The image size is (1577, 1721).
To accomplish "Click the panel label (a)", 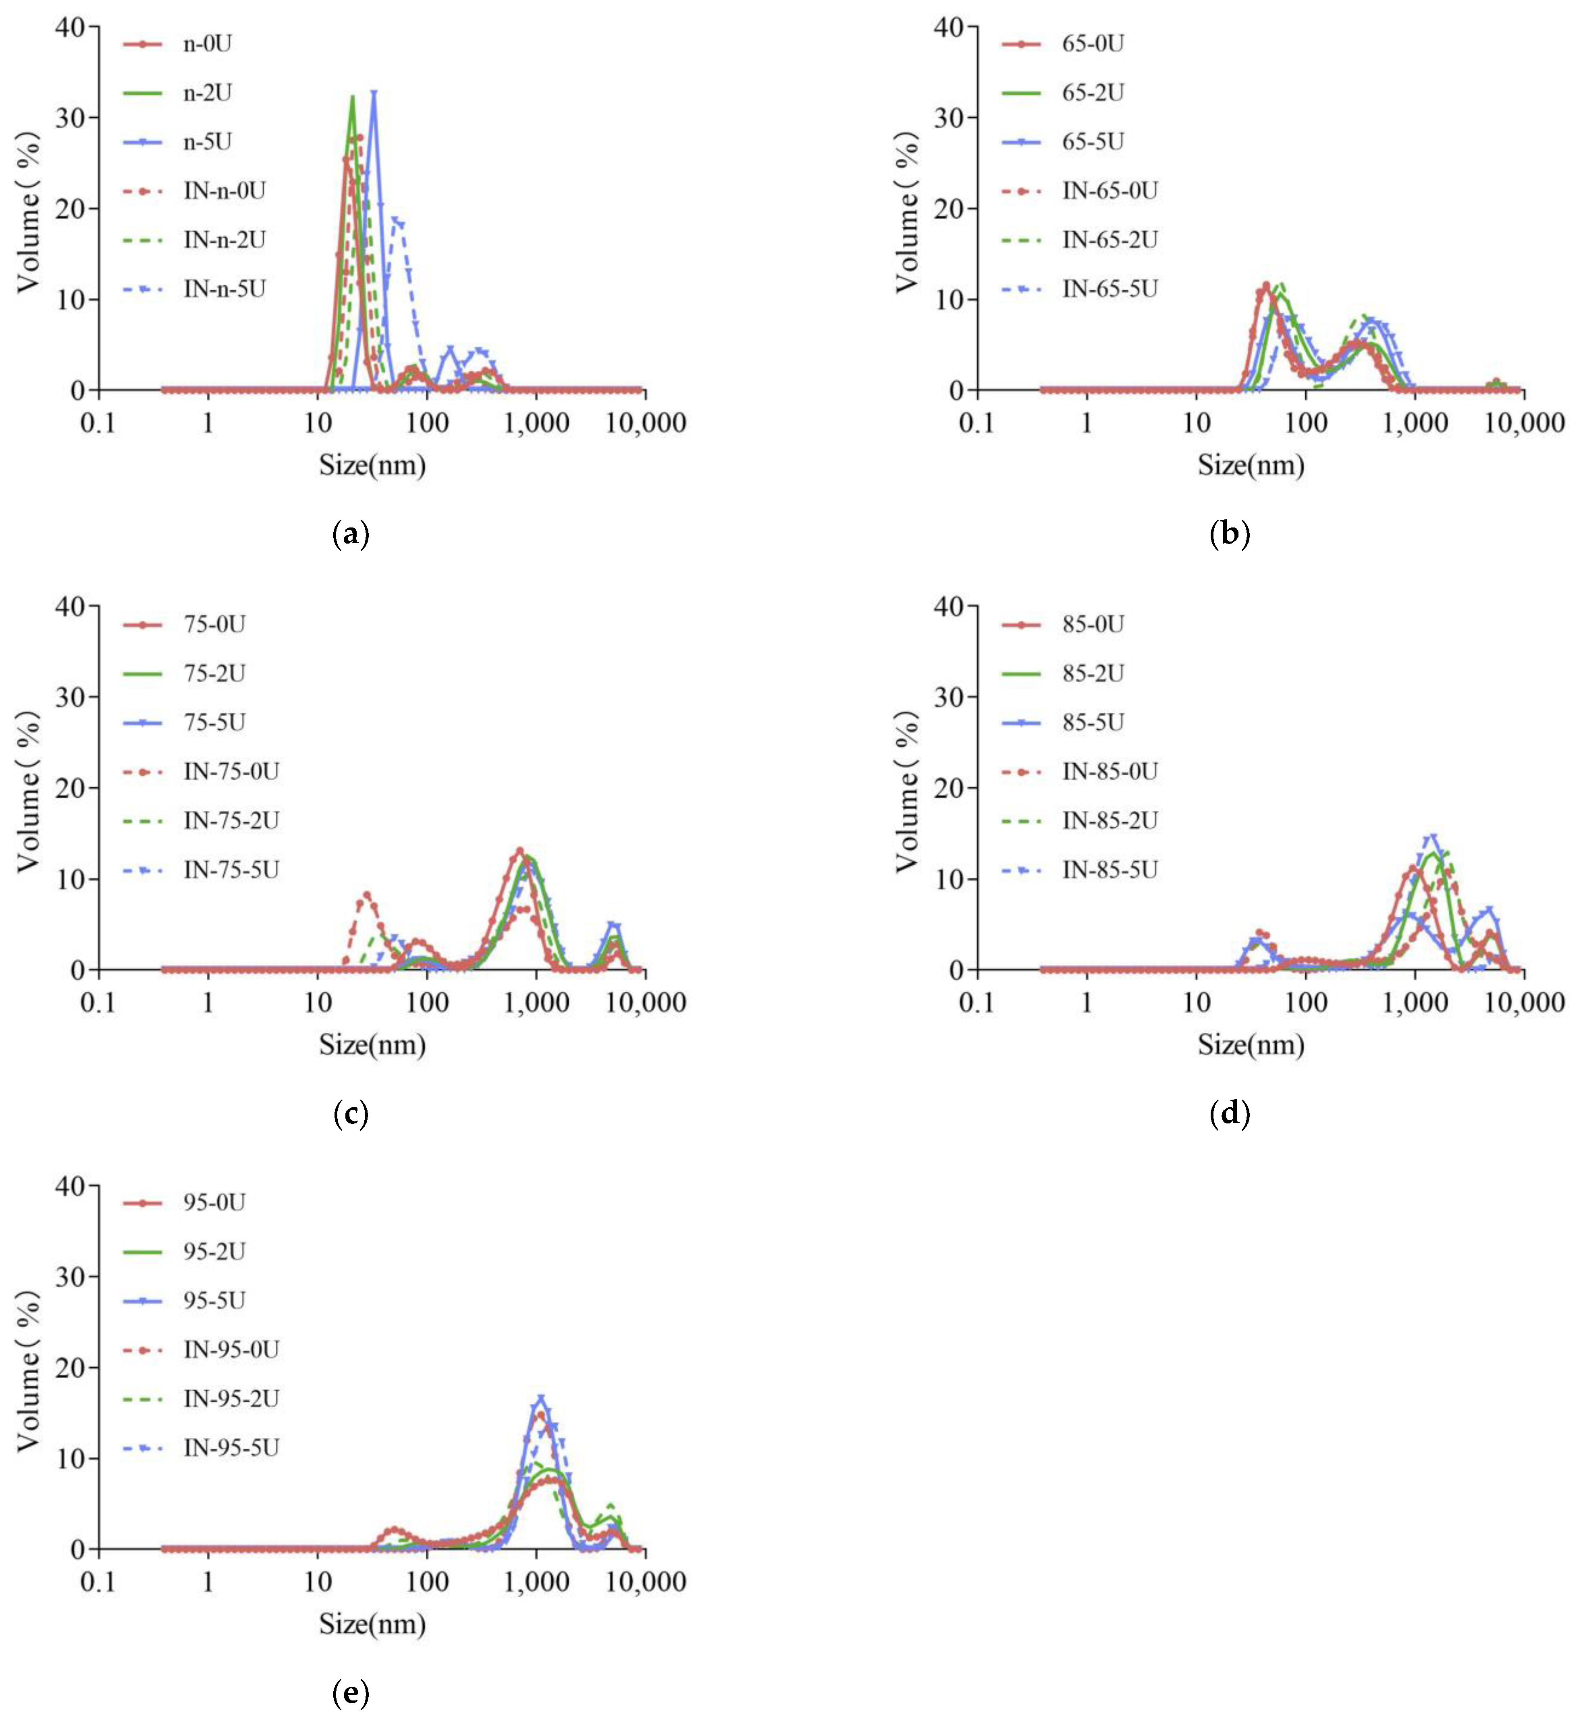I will coord(350,535).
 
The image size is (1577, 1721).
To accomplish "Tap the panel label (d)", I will coord(1230,1114).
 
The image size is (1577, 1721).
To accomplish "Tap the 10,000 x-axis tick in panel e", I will coord(646,1582).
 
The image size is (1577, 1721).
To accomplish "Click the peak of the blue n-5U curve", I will coord(373,92).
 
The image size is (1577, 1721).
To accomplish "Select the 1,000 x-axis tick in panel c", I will coord(535,1002).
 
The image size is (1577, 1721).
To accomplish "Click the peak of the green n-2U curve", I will coord(352,96).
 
